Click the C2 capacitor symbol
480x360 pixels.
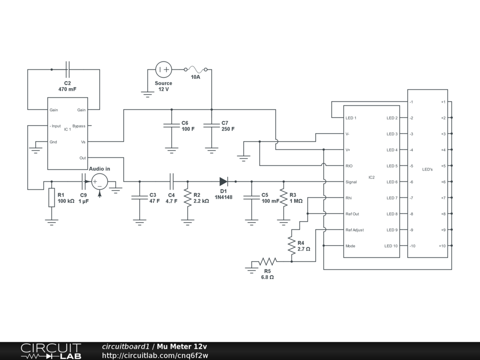(68, 70)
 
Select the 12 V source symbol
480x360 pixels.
(164, 70)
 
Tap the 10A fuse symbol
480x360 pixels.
(195, 70)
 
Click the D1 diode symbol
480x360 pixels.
(224, 181)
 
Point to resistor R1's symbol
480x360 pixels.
(52, 197)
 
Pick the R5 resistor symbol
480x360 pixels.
(268, 262)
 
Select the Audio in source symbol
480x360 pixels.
(100, 181)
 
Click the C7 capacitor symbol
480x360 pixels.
(211, 125)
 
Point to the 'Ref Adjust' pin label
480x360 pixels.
(354, 230)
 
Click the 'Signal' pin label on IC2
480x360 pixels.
(351, 182)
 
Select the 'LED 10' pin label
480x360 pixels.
(391, 246)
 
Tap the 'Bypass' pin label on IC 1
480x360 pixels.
(79, 126)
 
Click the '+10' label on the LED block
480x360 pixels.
(442, 246)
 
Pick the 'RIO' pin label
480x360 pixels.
(349, 166)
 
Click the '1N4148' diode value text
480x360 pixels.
(224, 197)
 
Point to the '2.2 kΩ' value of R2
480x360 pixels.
(201, 201)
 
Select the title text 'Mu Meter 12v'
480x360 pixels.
(182, 347)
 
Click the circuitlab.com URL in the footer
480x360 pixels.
(155, 355)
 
